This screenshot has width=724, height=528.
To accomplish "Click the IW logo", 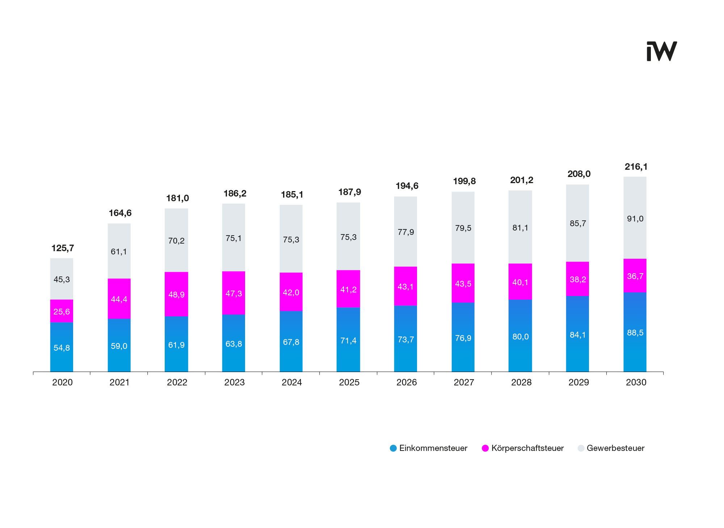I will tap(661, 51).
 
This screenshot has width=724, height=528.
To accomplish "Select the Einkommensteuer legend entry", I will tap(429, 448).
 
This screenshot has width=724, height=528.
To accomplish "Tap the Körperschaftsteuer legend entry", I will tap(523, 448).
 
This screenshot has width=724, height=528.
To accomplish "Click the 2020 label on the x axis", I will tap(62, 382).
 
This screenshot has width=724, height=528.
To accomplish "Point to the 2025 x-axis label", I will tap(349, 382).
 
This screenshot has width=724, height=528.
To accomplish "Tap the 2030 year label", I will tap(636, 382).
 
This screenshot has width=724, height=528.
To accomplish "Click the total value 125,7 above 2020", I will tap(63, 248).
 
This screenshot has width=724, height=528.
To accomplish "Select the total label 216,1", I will tap(636, 167).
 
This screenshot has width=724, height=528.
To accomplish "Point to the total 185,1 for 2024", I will tap(292, 195).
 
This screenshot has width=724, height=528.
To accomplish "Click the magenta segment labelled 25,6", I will tap(62, 311).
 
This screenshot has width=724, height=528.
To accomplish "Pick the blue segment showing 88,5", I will tap(635, 332).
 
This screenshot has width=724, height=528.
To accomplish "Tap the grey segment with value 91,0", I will tap(635, 218).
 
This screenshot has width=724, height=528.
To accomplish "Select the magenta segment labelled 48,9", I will tap(176, 294).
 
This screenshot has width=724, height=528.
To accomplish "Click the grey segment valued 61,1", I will tap(119, 251).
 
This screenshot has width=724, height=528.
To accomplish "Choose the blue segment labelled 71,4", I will tap(348, 340).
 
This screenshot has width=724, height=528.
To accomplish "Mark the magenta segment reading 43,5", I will tap(463, 283).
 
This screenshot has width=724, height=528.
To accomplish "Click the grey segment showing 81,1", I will tap(520, 228).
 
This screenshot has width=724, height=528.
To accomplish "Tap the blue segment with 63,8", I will tap(233, 343).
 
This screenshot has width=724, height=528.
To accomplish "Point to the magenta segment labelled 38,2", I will tap(577, 279).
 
